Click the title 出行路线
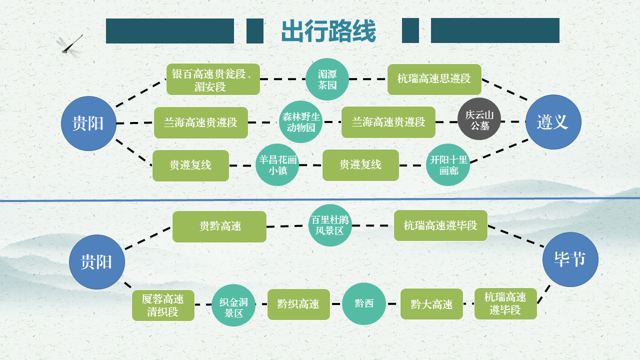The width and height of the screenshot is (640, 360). [x=328, y=31]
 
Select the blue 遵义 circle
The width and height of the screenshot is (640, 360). [x=553, y=122]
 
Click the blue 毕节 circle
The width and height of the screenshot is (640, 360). [x=570, y=259]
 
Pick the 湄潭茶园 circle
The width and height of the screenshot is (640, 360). [x=327, y=79]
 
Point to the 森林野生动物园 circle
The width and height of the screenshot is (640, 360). [x=300, y=121]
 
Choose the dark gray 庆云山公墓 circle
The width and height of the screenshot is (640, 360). [x=479, y=119]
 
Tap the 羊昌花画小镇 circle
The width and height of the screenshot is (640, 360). [x=277, y=164]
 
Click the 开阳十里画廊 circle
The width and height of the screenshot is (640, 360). [x=448, y=164]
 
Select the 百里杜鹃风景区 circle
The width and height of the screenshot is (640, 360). [x=330, y=225]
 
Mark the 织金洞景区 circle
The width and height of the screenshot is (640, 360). [x=233, y=305]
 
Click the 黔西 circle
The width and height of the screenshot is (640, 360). [x=364, y=303]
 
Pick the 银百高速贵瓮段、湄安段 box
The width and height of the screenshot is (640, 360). [x=213, y=79]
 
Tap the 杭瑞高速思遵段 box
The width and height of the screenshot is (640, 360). [x=434, y=79]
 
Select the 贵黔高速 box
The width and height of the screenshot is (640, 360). [x=219, y=226]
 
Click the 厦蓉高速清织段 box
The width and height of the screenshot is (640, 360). [x=163, y=305]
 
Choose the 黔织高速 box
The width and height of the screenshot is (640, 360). [x=298, y=304]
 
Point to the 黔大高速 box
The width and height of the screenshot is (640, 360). [x=431, y=304]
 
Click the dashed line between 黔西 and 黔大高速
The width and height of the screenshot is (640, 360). [x=393, y=304]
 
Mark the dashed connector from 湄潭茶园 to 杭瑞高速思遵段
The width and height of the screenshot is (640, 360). [x=368, y=79]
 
